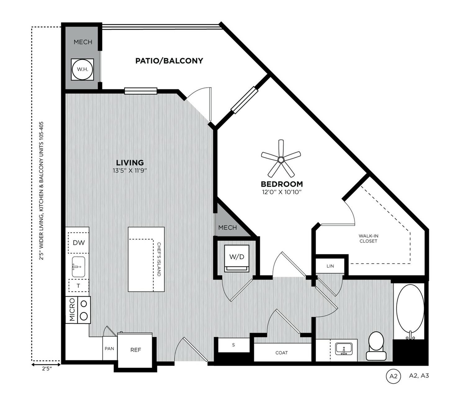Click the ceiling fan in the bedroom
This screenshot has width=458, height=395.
tap(281, 160)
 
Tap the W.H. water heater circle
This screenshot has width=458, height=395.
tap(83, 69)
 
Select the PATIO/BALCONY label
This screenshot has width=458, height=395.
tap(169, 61)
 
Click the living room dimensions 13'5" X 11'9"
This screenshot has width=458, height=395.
tap(130, 170)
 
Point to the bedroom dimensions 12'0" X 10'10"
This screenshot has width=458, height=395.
tap(281, 192)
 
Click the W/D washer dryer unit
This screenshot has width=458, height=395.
tap(237, 257)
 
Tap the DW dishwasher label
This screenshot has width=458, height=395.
tap(79, 243)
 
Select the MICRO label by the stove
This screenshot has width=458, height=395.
tap(72, 310)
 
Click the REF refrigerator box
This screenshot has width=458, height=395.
tap(136, 350)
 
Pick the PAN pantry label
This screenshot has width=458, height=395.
tap(109, 348)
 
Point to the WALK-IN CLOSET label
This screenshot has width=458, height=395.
tap(368, 238)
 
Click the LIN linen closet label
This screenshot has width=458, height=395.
tap(330, 266)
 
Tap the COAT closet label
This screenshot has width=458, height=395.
tap(281, 353)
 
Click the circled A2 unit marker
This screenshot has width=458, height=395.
tap(393, 376)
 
